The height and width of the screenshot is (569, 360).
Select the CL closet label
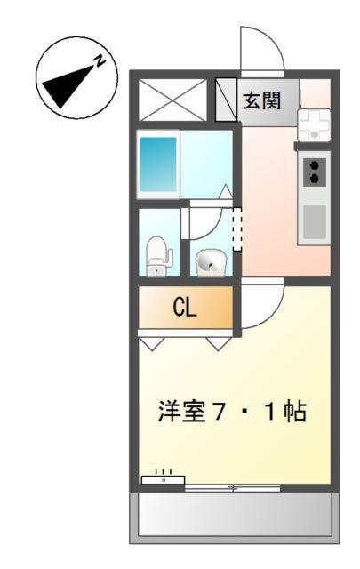pos(185,309)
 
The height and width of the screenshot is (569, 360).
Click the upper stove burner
pos(314,164)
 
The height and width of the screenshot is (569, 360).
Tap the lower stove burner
pos(314,178)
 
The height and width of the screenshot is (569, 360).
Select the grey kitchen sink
pos(314,222)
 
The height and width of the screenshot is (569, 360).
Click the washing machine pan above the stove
pos(314,124)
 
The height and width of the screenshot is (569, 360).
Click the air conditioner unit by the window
pos(163,479)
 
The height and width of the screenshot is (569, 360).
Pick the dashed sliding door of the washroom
pos(236,228)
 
